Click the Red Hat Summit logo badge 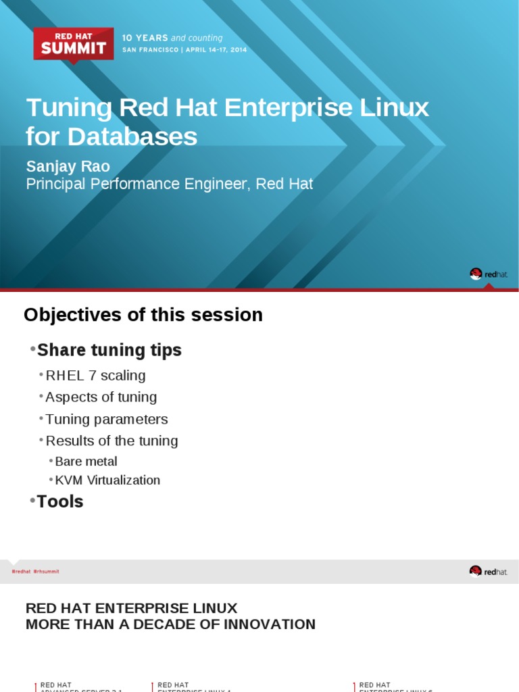point(74,44)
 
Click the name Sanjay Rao point(68,166)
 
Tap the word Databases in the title point(141,137)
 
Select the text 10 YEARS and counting point(172,38)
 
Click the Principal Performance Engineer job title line point(169,184)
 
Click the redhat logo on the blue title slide point(488,274)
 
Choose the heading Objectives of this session point(143,315)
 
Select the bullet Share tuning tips point(109,350)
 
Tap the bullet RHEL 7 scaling point(95,376)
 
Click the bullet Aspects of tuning point(101,397)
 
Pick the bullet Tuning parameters point(106,419)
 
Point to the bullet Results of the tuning point(112,441)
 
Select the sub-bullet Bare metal point(86,462)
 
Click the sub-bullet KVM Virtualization point(107,480)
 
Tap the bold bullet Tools point(59,501)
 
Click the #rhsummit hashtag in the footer point(47,572)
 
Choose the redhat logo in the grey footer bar point(488,572)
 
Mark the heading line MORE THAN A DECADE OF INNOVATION point(170,624)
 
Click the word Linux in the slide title point(403,108)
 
